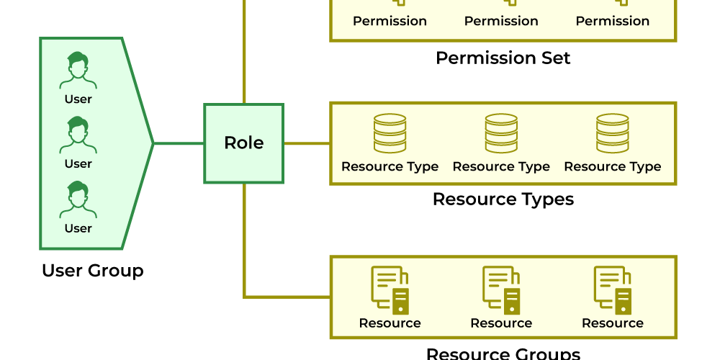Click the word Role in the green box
pos(243,143)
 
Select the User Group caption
pos(92,271)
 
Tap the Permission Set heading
pos(503,58)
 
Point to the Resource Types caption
pos(503,199)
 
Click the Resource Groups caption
pos(503,353)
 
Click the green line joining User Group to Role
pos(179,143)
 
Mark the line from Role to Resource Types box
pos(307,143)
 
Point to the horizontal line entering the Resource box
pos(288,296)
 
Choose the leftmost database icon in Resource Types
pos(390,133)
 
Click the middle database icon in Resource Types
pos(501,133)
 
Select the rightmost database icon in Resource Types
pos(613,133)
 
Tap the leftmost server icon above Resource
pos(390,289)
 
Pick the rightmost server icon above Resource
pos(613,289)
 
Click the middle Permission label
pos(501,22)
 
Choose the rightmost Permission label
pos(613,22)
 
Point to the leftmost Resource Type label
pos(390,167)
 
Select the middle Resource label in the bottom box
pos(501,323)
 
